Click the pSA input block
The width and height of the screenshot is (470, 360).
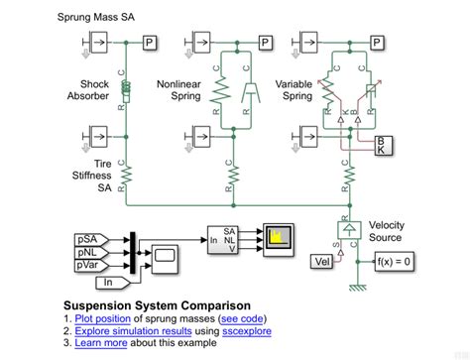[87, 239]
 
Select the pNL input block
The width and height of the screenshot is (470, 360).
[87, 253]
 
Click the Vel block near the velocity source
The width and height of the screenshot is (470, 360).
[322, 261]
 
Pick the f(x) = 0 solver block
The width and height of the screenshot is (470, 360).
[393, 261]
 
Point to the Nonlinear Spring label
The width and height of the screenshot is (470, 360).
[179, 91]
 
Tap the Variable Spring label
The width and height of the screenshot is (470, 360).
[294, 91]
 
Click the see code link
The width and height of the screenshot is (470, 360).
[244, 318]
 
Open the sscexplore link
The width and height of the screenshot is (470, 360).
[244, 331]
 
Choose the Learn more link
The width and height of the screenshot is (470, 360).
[102, 344]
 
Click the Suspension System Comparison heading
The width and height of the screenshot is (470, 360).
[156, 304]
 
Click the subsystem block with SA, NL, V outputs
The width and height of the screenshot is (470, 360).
[224, 238]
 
